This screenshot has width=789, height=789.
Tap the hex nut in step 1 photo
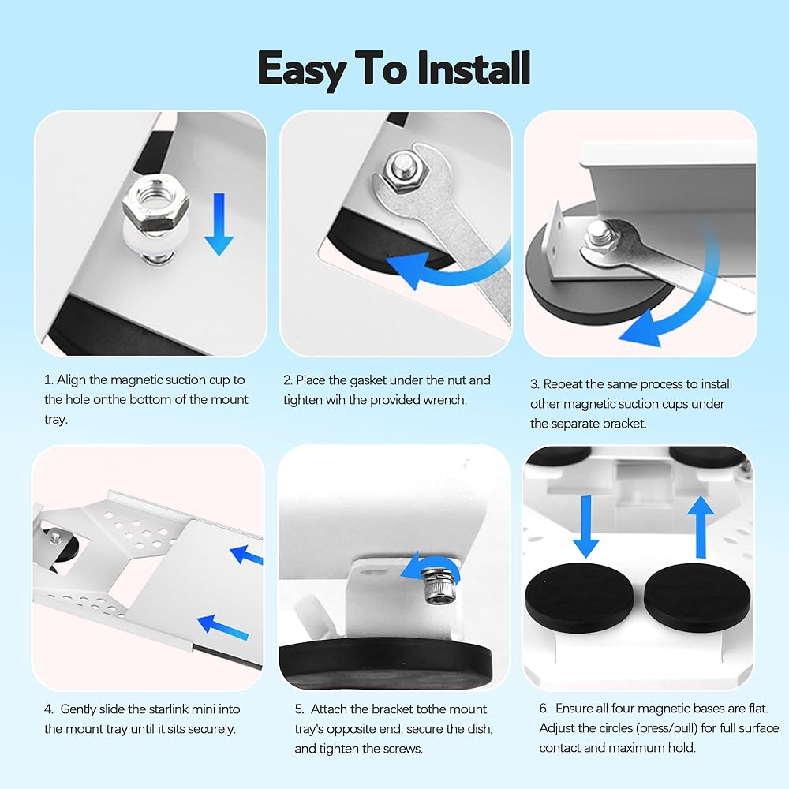[155, 204]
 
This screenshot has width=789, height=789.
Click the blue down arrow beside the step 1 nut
[219, 224]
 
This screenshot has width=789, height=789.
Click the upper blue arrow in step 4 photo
[246, 555]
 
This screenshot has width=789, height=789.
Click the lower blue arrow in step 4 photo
[222, 627]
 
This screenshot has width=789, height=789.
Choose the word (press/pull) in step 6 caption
[659, 728]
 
